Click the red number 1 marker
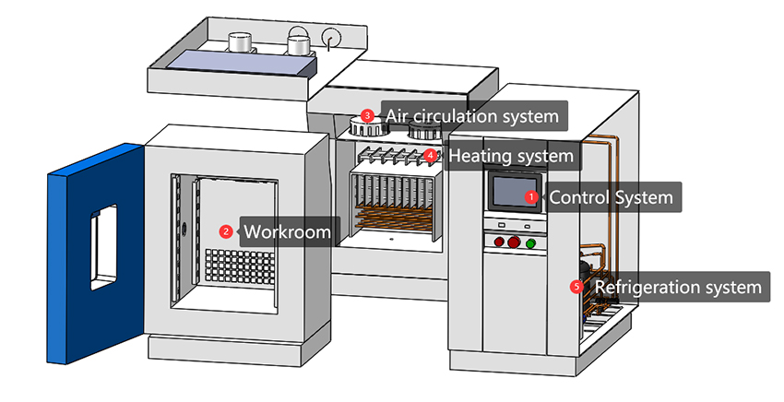(x=530, y=196)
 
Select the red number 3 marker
(x=367, y=116)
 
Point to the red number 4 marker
(x=431, y=156)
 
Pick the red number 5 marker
(x=577, y=287)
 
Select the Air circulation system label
(x=472, y=116)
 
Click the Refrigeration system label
(x=679, y=287)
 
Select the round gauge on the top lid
(x=331, y=36)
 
